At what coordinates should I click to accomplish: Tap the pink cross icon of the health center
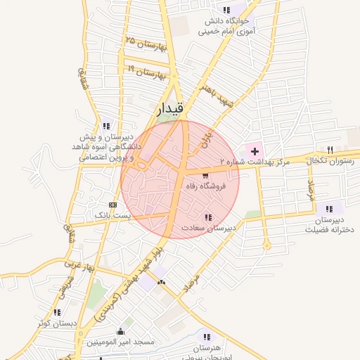(x=255, y=152)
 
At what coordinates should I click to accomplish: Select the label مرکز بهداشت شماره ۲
(x=255, y=162)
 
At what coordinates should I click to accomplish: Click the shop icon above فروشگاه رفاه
(x=205, y=176)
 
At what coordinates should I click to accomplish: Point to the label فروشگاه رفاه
(x=204, y=187)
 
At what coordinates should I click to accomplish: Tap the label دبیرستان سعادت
(x=208, y=228)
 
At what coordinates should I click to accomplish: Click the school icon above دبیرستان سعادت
(x=207, y=217)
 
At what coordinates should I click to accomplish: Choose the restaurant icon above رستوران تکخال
(x=330, y=149)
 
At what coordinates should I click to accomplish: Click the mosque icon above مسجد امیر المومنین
(x=120, y=332)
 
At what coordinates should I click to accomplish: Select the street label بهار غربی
(x=79, y=267)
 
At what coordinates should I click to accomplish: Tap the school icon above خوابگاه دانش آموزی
(x=226, y=10)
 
